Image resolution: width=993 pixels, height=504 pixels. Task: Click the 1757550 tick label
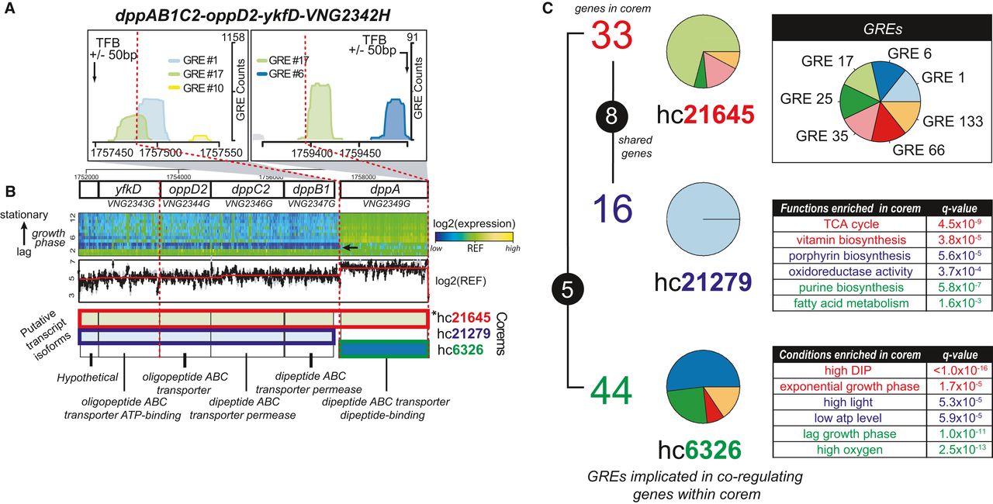(203, 154)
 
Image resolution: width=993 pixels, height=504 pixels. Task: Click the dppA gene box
(384, 188)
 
